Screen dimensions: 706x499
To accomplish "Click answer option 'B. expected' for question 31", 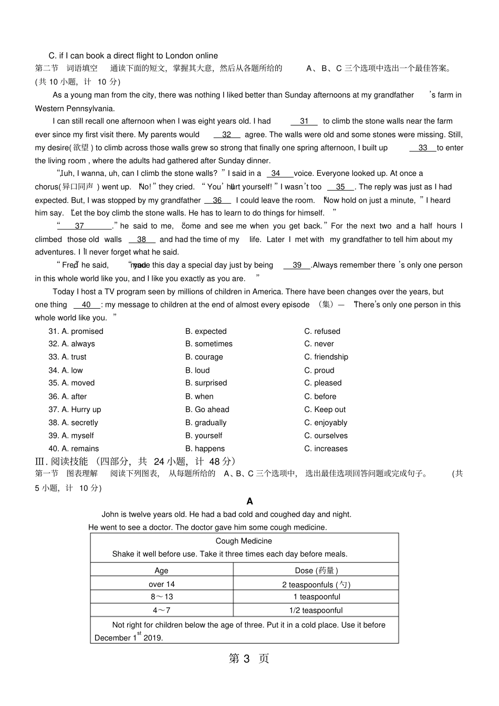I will click(x=206, y=331).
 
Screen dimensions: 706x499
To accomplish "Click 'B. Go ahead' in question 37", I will click(x=207, y=409).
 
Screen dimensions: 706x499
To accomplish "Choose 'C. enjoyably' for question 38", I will click(x=326, y=423).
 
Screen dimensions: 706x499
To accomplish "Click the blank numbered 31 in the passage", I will click(x=304, y=121).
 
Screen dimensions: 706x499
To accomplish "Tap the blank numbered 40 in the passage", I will click(x=87, y=305).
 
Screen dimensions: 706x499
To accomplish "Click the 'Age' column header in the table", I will click(x=161, y=571).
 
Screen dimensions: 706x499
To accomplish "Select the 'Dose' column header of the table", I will click(x=316, y=571).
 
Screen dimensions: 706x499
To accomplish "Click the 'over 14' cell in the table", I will click(x=162, y=584).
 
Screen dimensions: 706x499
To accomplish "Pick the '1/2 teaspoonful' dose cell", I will click(x=316, y=610).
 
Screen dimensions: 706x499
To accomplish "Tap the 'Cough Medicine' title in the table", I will click(x=244, y=541).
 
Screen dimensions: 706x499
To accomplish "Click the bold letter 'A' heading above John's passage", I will click(x=250, y=501).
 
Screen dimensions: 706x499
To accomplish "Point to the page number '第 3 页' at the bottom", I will click(x=249, y=659).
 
